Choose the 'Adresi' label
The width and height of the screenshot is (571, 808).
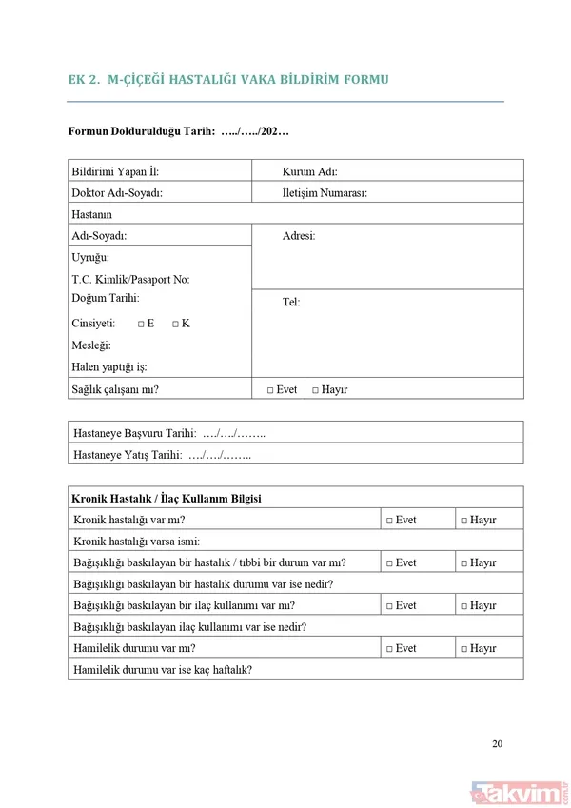[299, 236]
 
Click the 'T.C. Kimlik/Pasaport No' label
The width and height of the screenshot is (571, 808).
[130, 280]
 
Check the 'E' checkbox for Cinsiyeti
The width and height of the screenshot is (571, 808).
[140, 324]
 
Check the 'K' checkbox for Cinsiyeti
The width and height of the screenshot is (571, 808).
[175, 324]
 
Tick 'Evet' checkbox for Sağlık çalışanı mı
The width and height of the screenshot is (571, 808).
[270, 390]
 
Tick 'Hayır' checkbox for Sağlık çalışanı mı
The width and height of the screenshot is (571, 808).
[316, 390]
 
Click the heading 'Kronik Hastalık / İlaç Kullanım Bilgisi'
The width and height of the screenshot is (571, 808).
[167, 499]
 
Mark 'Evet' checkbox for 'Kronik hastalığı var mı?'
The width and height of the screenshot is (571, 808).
[389, 521]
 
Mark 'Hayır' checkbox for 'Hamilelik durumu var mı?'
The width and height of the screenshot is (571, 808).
[463, 649]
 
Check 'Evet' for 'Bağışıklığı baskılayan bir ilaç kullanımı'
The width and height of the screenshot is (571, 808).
[389, 606]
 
